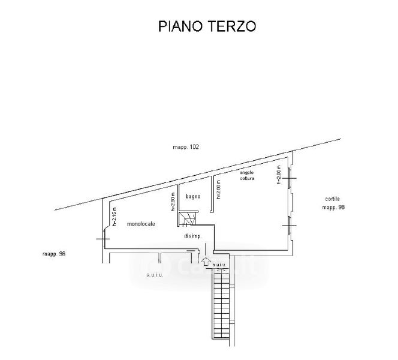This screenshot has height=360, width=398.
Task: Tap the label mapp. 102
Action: click(x=185, y=147)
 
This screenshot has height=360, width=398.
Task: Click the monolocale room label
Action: click(x=141, y=224)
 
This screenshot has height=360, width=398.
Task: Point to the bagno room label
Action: click(x=192, y=196)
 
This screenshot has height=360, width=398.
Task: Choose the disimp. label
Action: click(x=193, y=236)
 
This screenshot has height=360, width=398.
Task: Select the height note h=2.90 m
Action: click(x=173, y=202)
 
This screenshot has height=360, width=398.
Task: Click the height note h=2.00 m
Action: click(x=279, y=176)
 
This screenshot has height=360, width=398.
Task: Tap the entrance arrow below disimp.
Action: click(x=206, y=262)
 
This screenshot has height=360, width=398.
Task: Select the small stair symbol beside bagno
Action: click(x=187, y=218)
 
